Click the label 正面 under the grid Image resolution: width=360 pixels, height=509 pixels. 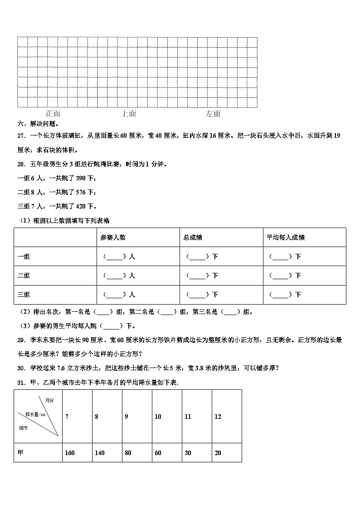click(x=53, y=114)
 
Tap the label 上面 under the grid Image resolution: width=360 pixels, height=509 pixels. click(x=129, y=114)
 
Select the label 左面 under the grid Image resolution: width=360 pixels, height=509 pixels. click(x=213, y=114)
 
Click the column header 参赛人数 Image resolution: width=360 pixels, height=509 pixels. click(x=113, y=237)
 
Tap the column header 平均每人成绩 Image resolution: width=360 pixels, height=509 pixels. click(x=285, y=237)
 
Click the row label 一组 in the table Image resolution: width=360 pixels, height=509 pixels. click(x=24, y=257)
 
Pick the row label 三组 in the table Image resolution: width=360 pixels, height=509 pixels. click(x=24, y=295)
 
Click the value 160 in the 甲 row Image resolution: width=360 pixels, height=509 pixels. click(x=70, y=453)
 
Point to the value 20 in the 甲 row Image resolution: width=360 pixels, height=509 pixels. click(x=218, y=453)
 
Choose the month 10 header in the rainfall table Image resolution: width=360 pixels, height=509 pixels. click(x=158, y=417)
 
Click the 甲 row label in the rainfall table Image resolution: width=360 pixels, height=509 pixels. click(x=20, y=453)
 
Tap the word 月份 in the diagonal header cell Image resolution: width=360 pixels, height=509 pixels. click(x=49, y=400)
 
